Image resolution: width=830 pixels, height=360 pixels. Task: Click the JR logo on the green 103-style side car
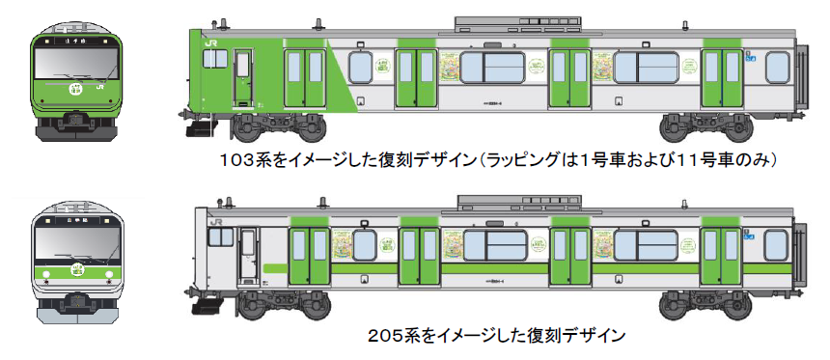pyautogui.click(x=209, y=42)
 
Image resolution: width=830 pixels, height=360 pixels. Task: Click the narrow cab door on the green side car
pyautogui.click(x=242, y=77)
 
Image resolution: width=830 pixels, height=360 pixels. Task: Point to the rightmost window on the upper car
pyautogui.click(x=777, y=69)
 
